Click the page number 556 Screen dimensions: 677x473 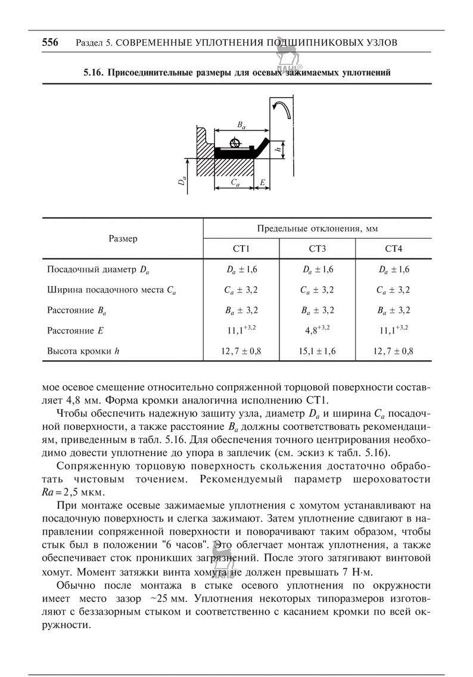(x=50, y=42)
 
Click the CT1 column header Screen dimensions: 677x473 (x=241, y=248)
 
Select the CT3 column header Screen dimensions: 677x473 (x=317, y=248)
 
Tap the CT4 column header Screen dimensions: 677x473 (x=393, y=248)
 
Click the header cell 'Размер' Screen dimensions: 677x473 (x=123, y=238)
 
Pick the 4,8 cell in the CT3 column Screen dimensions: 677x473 (x=317, y=330)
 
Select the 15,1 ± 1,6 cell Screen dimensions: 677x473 (x=317, y=351)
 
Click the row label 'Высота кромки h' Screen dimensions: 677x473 (x=83, y=351)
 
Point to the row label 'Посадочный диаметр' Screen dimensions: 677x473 (x=98, y=270)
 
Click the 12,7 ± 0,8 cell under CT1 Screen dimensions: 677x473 (x=241, y=351)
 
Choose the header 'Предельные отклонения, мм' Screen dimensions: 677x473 (x=318, y=229)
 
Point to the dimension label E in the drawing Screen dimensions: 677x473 (x=262, y=182)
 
